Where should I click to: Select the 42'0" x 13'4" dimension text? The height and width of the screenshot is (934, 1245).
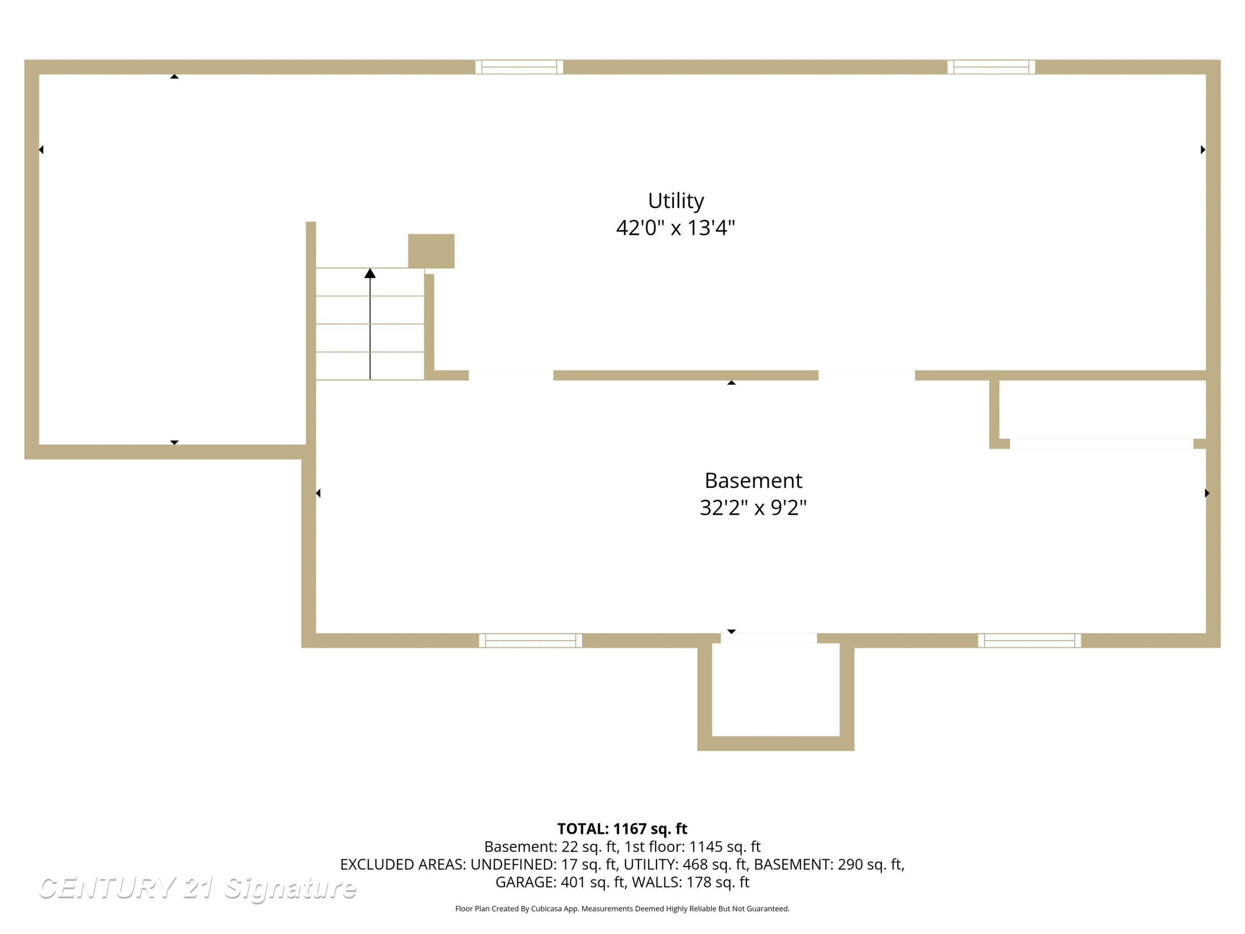coord(675,228)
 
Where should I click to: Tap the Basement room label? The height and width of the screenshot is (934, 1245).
coord(753,480)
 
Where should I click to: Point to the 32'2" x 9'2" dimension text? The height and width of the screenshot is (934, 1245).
coord(753,508)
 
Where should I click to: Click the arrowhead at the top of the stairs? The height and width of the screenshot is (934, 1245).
coord(370,273)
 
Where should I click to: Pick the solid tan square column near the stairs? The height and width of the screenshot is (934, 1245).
coord(431,251)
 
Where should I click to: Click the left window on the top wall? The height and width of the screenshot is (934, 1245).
coord(519,67)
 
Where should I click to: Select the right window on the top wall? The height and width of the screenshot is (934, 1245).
coord(991,67)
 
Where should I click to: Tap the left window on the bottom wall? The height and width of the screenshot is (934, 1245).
coord(530,641)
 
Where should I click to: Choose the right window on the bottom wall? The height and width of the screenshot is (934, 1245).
coord(1030,641)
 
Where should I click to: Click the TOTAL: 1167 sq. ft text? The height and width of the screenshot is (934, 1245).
coord(622,829)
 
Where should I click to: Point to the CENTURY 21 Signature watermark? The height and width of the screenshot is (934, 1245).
coord(197,888)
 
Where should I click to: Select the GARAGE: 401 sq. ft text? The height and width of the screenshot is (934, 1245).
coord(560,882)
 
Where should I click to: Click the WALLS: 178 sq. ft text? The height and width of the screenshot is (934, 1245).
coord(691,882)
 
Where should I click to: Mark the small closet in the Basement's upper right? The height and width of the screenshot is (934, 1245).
coord(1102,409)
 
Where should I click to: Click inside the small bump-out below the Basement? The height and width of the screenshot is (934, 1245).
coord(776,689)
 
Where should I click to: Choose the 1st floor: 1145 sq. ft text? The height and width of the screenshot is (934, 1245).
coord(692,847)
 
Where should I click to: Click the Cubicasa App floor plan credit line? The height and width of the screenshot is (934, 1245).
coord(622,909)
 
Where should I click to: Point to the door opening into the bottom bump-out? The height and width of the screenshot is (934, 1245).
coord(769,638)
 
